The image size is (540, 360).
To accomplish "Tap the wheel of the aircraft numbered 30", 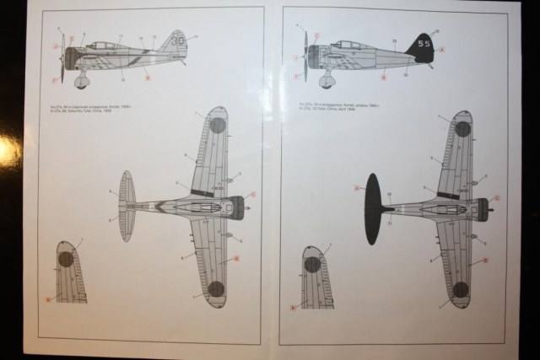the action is coord(82,82).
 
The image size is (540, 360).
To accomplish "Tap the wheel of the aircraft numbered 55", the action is coord(327,82).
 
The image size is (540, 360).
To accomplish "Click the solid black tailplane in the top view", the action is coord(373,208).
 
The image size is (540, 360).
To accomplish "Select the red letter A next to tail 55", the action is coord(441,49).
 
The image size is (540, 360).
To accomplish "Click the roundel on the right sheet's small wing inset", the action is coord(313,263).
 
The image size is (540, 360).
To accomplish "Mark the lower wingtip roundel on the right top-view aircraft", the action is coord(460,290).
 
